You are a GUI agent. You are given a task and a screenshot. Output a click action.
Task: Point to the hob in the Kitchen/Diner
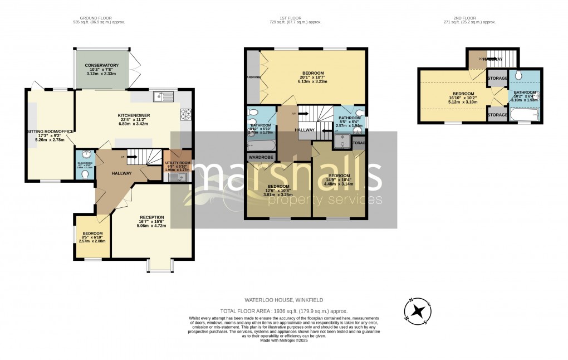coord(185,114)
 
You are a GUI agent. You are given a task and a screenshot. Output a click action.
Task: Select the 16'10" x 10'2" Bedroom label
coord(463,97)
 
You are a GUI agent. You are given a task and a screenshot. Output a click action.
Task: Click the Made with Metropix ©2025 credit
coord(284,348)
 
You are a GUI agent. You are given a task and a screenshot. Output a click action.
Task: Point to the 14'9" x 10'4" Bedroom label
coord(339,179)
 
